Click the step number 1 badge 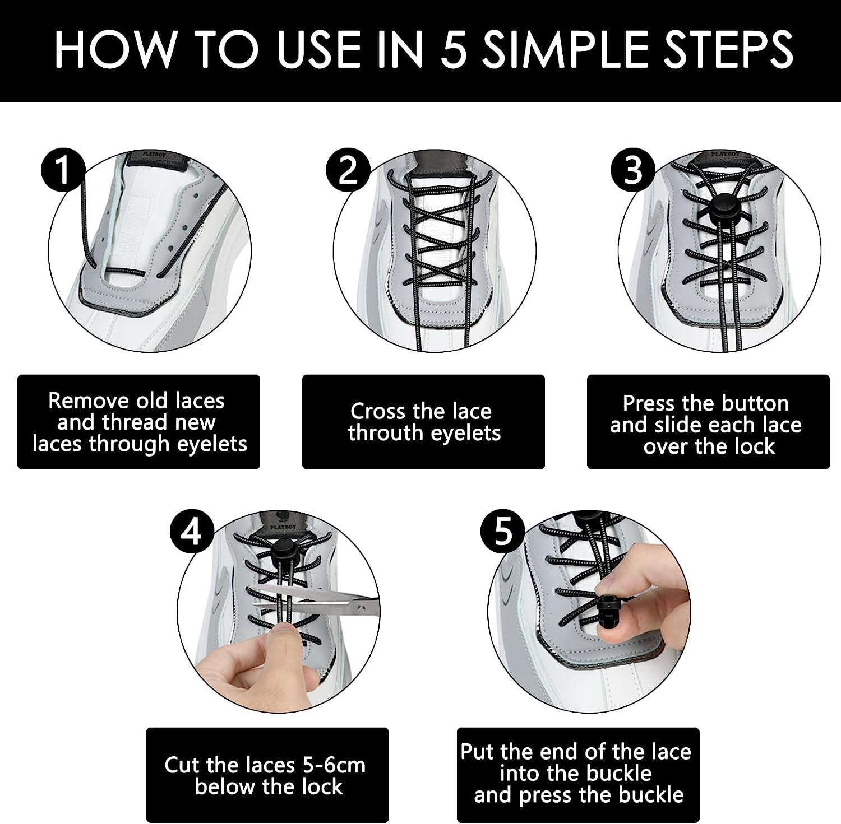coord(63,170)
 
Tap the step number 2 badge coord(348,170)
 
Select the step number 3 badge coord(632,170)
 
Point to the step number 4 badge coord(192,531)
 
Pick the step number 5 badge coord(503,531)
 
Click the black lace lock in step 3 coord(718,213)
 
